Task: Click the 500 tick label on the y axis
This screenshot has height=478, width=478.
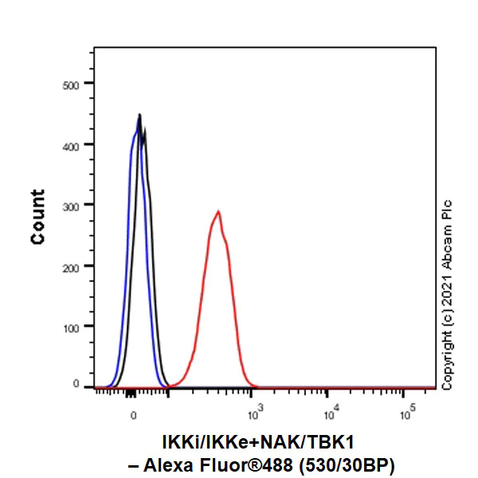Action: coord(72,83)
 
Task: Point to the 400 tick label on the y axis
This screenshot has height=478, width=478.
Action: coord(72,144)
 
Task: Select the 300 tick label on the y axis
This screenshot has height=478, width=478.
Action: coord(72,205)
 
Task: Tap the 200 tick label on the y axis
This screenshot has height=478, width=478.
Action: coord(72,266)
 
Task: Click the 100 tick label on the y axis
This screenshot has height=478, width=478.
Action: coord(72,327)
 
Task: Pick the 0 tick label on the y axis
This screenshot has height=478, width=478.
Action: coord(78,386)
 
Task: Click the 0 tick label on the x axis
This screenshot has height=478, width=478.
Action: coord(133,414)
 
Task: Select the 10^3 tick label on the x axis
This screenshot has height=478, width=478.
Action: coord(255,413)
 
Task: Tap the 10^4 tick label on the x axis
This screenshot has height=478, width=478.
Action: coord(331,413)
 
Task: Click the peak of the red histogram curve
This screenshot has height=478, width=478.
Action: coord(217,212)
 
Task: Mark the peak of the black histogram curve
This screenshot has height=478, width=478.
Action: coord(139,116)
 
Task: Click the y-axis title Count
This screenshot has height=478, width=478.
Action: coord(37,217)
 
